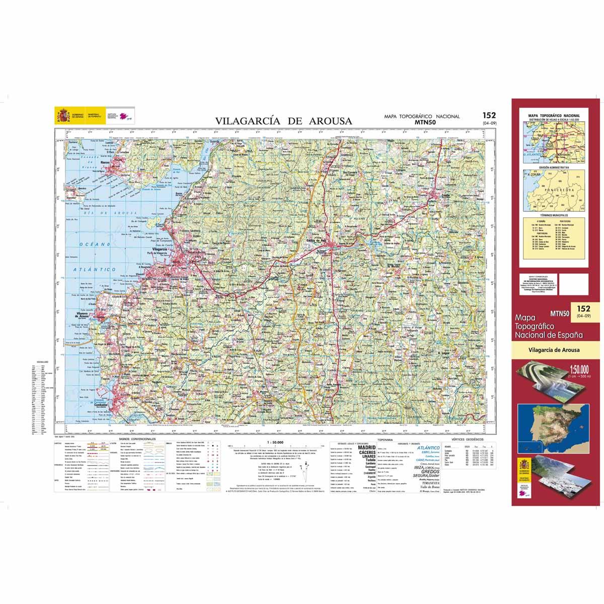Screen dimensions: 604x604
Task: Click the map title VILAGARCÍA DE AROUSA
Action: (x=284, y=121)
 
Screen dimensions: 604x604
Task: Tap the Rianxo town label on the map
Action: (x=105, y=163)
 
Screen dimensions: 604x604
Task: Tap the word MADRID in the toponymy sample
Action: (x=366, y=447)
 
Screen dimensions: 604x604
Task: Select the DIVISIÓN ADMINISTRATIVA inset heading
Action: (x=554, y=167)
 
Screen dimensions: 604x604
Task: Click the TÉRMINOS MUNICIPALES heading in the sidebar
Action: (x=554, y=215)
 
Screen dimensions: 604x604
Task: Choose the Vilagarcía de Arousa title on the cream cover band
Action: (x=554, y=350)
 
